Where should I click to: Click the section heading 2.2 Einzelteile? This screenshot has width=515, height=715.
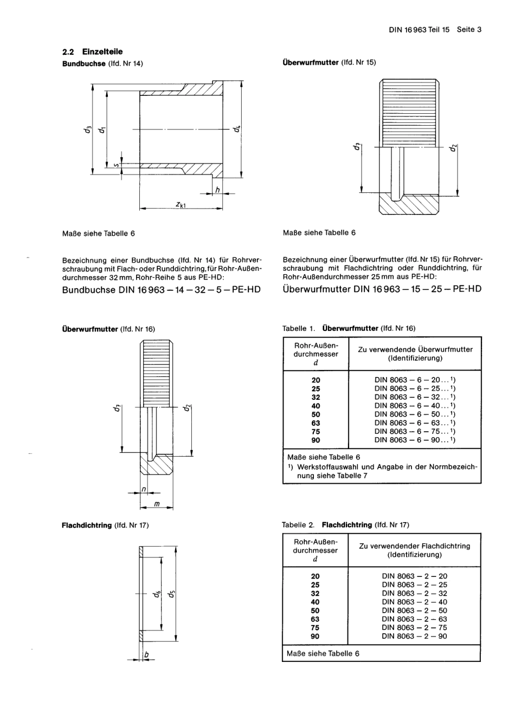[x=93, y=52]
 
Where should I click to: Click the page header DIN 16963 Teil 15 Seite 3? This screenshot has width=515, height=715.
[x=435, y=30]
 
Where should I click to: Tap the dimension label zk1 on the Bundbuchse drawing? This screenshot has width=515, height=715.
[x=181, y=204]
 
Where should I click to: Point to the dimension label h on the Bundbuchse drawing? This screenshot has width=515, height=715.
[x=217, y=190]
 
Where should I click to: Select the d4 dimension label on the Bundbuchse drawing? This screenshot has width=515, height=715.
[x=236, y=129]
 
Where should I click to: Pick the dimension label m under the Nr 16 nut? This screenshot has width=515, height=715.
[x=157, y=504]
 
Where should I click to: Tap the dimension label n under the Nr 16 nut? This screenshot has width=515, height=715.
[x=143, y=489]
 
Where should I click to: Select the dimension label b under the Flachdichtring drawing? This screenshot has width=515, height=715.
[x=145, y=656]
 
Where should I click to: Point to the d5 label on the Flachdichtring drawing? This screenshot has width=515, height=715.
[x=171, y=594]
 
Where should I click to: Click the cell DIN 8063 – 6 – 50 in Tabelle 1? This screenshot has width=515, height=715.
[x=415, y=414]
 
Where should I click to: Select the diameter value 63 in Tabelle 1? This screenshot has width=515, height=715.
[x=316, y=423]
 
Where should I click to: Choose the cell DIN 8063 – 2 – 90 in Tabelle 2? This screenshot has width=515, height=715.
[x=414, y=636]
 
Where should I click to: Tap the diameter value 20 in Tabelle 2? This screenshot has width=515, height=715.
[x=316, y=576]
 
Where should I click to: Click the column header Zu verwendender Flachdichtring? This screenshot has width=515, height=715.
[x=414, y=550]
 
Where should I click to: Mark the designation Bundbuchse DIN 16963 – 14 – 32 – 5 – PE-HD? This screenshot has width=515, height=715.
[x=162, y=289]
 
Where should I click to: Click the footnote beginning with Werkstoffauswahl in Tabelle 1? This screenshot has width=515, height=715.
[x=383, y=471]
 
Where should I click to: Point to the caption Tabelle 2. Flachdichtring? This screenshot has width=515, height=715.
[x=345, y=525]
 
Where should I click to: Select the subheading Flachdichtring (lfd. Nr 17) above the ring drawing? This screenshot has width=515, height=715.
[x=105, y=525]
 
